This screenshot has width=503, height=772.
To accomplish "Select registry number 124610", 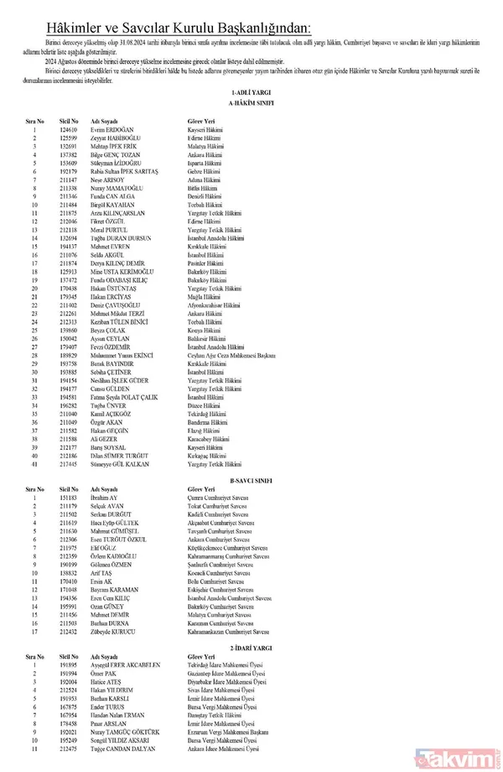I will (69, 130).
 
